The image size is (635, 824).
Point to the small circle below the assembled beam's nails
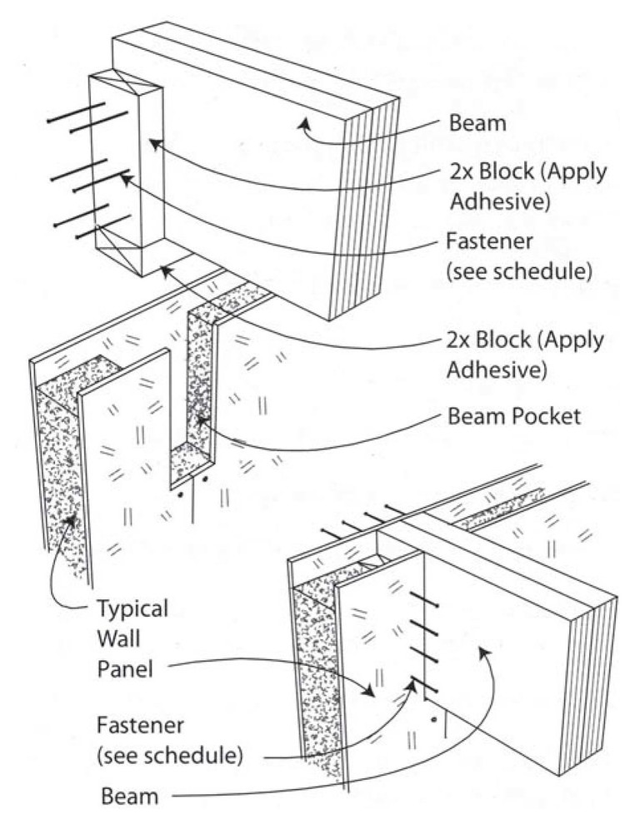[x=432, y=716]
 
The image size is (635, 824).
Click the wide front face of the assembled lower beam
[x=500, y=633]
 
